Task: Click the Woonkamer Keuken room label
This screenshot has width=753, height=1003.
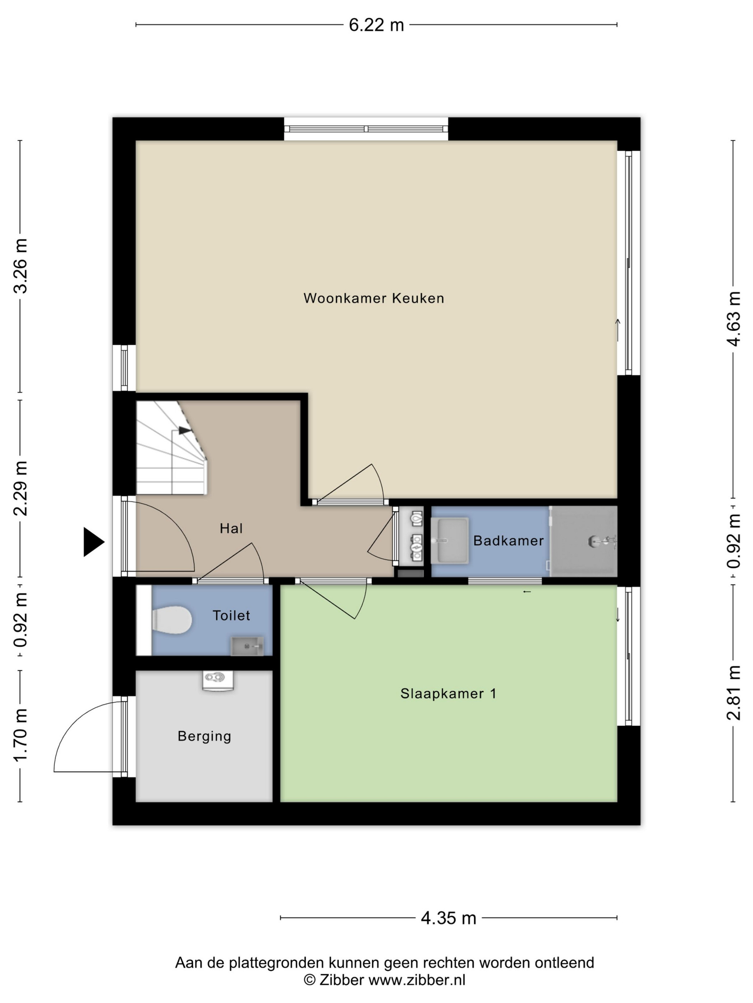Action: point(374,298)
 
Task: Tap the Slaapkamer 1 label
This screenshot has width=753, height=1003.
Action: point(448,694)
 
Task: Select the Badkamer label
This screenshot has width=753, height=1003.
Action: point(508,541)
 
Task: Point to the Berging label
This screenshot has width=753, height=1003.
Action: point(204,736)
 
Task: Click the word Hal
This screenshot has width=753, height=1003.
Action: point(231,528)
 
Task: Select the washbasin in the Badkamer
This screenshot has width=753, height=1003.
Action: point(449,540)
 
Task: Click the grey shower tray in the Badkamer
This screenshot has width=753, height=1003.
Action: point(584,541)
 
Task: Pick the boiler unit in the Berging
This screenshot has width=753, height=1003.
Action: point(218,680)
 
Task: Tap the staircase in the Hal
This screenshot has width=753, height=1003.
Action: point(171,447)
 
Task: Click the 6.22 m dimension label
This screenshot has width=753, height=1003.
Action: point(376,25)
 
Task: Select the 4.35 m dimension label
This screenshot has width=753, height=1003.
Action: point(449,918)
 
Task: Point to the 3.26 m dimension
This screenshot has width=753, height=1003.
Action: point(21,266)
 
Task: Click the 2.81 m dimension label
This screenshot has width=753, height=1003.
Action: point(734,693)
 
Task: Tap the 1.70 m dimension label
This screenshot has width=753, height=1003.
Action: point(21,735)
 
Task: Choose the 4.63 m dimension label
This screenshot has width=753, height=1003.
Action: point(734,319)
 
